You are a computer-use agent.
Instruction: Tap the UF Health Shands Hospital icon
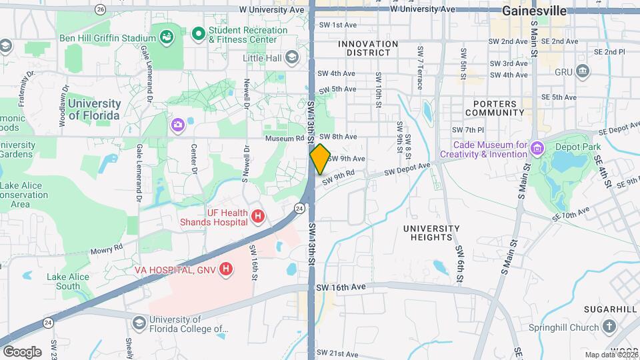click(257, 217)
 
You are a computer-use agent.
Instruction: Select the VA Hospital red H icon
click(227, 269)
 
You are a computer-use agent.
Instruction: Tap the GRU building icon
click(583, 71)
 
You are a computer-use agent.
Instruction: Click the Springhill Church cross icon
click(609, 327)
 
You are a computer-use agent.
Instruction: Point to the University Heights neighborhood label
click(431, 233)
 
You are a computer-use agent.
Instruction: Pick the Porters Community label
click(495, 108)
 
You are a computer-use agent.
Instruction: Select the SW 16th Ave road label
click(341, 287)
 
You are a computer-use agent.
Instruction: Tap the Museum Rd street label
click(284, 138)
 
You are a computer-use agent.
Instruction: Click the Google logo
click(22, 351)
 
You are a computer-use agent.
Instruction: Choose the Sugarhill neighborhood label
click(611, 309)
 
